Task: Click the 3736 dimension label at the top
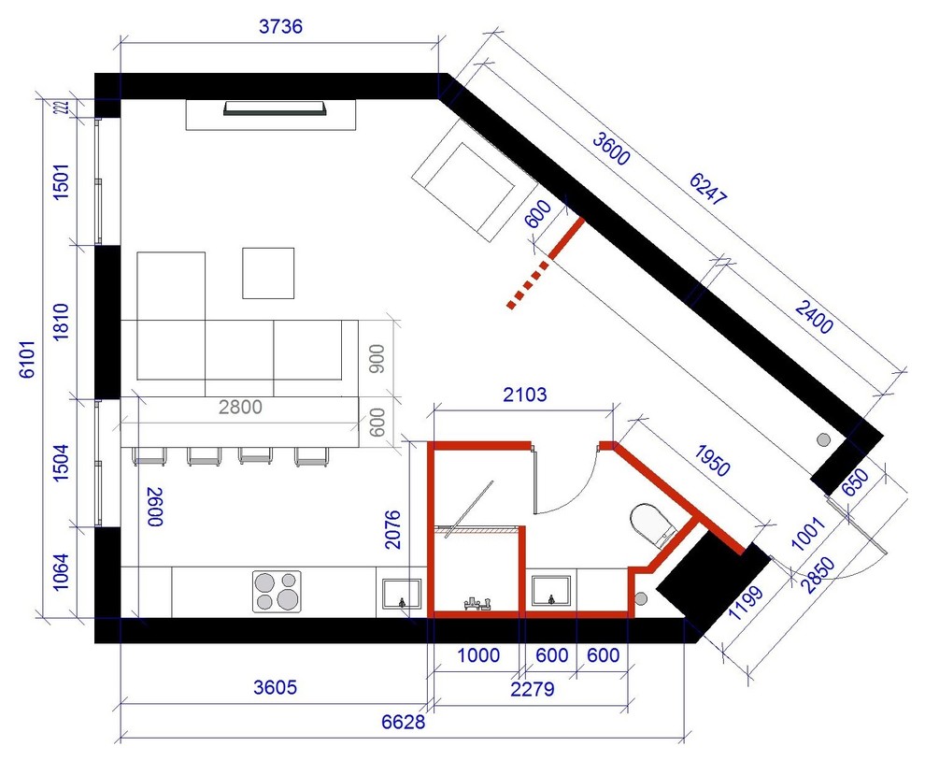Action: (x=280, y=26)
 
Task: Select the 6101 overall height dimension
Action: (x=28, y=358)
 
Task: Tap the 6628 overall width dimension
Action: (x=403, y=722)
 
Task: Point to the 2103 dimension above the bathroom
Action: (x=524, y=395)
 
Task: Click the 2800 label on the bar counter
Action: (x=240, y=407)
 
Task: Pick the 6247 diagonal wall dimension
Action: (x=708, y=189)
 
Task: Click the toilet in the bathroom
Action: (x=653, y=524)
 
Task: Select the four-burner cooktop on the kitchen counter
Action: (x=277, y=591)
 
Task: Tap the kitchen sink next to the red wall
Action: (x=401, y=594)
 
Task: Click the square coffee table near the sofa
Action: (x=268, y=273)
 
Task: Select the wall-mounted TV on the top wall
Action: (x=275, y=108)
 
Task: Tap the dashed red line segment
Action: (x=527, y=286)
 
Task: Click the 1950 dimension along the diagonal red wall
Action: (x=712, y=461)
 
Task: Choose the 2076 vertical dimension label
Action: (x=392, y=529)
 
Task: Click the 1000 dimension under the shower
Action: (x=478, y=655)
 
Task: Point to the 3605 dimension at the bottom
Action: (x=275, y=688)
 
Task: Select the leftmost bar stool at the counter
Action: (x=149, y=456)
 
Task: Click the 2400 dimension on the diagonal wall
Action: (x=814, y=317)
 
